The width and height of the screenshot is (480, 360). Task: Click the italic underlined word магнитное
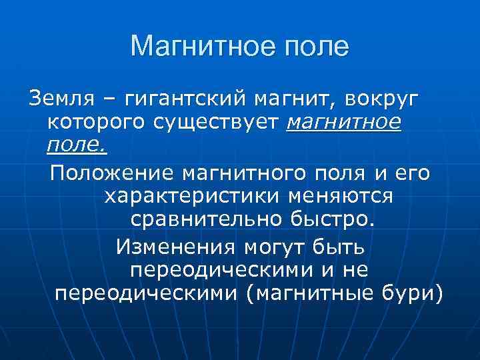(344, 123)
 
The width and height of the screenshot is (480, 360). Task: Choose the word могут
(271, 247)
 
